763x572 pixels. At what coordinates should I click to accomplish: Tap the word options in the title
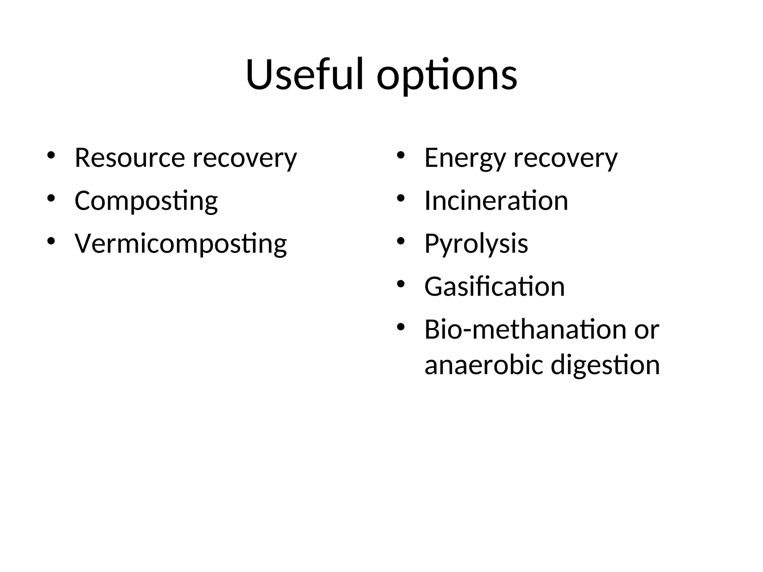tap(447, 76)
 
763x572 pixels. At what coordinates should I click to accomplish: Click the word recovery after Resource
tap(245, 159)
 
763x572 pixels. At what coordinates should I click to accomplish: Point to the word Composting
tap(146, 201)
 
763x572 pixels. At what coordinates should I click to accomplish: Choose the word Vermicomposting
tap(181, 244)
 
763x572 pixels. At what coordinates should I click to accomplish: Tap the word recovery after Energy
tap(566, 159)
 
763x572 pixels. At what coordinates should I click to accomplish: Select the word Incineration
tap(496, 201)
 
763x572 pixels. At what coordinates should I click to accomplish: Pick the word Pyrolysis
tap(476, 244)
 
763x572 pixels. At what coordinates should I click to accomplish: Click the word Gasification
tap(494, 287)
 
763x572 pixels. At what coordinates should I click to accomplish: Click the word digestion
tap(605, 366)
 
